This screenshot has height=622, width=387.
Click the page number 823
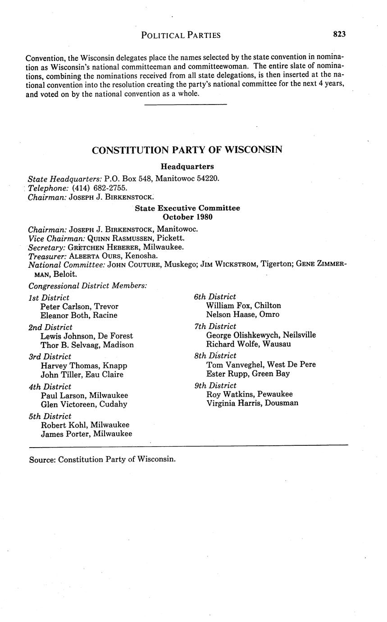point(339,34)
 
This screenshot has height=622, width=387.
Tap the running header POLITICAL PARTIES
point(181,35)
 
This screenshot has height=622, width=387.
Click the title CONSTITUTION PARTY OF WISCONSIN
point(187,150)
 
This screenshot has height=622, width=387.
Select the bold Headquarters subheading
point(187,167)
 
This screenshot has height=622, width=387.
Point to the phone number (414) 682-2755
point(100,188)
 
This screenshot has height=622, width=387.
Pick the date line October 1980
point(187,217)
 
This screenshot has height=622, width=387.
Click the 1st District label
point(49,297)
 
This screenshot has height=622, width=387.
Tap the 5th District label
point(50,416)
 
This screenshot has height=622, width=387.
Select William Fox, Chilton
point(243,306)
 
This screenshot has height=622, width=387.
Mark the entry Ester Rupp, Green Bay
point(248,374)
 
